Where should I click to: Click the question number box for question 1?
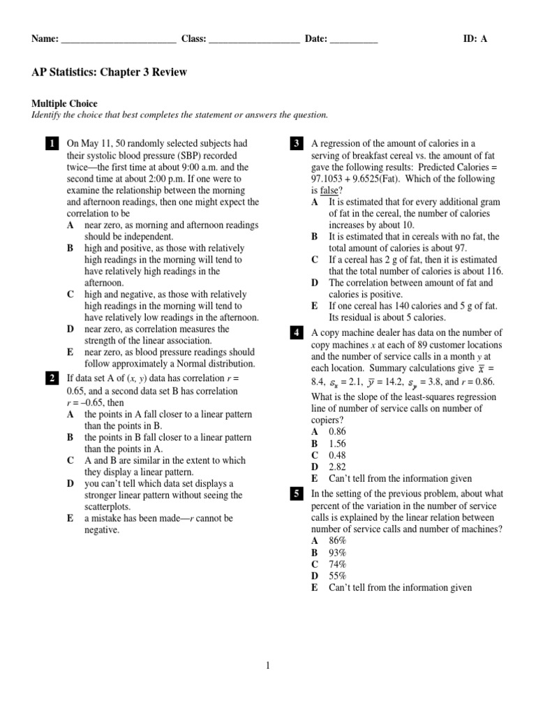[x=52, y=145]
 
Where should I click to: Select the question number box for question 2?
[x=52, y=379]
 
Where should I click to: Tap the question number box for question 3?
[x=296, y=145]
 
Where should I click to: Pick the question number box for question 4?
[x=296, y=333]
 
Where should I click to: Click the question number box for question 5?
[x=296, y=494]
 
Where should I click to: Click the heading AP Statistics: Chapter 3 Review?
[x=109, y=73]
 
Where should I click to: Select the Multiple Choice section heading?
[x=64, y=103]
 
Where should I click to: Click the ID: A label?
[x=475, y=39]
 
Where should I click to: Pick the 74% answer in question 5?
[x=338, y=564]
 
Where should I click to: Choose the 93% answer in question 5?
[x=338, y=553]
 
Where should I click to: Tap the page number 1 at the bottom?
[x=267, y=666]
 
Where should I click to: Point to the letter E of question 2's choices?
[x=70, y=519]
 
